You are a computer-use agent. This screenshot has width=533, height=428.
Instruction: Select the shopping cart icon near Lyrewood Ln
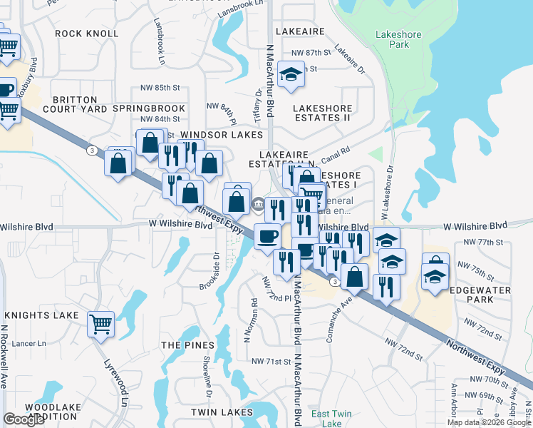tap(100, 324)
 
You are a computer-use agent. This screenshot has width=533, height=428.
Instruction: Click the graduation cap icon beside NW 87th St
tap(291, 75)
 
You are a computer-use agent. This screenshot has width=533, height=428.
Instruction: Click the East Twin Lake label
tap(331, 419)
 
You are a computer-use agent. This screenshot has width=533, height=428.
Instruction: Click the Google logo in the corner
tap(24, 419)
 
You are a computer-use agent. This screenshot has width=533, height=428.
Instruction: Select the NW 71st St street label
tap(271, 362)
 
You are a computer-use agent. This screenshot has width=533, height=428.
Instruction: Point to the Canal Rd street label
tap(337, 153)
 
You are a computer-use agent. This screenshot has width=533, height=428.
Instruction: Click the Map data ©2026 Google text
tap(489, 422)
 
